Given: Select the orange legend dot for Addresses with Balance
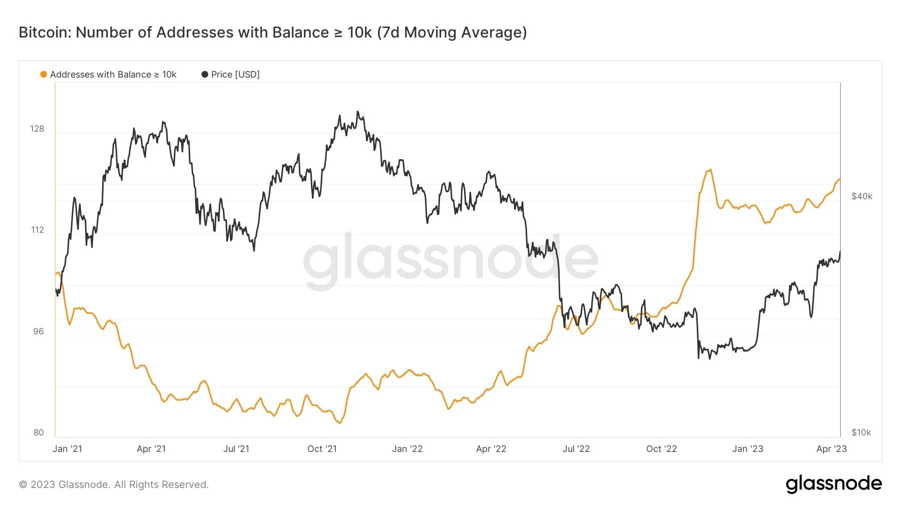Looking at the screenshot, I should tap(44, 75).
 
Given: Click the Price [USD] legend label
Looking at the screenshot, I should tap(235, 75).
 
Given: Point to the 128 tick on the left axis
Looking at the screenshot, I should tap(37, 129).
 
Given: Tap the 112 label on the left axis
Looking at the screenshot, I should tap(37, 230).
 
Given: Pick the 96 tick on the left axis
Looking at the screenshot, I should tap(38, 331).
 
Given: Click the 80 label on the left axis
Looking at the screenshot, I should tap(39, 432).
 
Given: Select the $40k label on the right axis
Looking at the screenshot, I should tap(861, 196).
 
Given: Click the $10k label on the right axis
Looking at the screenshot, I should tap(861, 432).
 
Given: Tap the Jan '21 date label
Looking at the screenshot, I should tap(67, 449).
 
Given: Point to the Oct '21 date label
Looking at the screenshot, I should tap(322, 449).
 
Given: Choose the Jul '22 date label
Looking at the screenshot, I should tap(576, 449).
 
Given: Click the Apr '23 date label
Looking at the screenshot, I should tap(831, 449).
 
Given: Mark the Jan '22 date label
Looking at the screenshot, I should tap(407, 449).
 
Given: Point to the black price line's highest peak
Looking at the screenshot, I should tap(357, 112).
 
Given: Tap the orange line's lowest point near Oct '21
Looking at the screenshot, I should tap(340, 423).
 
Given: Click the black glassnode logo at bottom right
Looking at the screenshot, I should tap(833, 484).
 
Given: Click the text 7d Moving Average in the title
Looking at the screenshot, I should tap(452, 33).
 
